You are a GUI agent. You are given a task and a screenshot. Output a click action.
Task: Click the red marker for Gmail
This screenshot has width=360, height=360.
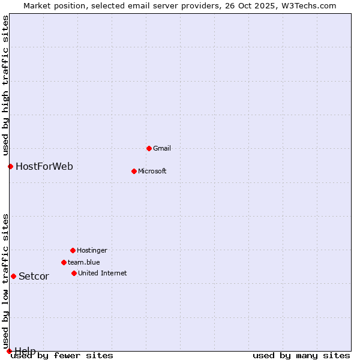point(149,148)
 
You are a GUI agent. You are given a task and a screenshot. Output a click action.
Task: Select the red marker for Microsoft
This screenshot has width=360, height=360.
point(134,171)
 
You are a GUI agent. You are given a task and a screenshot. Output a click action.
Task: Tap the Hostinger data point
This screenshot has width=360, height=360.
point(73,250)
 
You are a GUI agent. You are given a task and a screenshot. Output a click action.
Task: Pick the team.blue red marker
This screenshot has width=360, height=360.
point(64,262)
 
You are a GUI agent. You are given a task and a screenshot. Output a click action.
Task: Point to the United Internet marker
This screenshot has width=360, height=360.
point(74,273)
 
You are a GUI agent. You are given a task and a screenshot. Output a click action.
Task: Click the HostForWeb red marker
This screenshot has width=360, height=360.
point(10,166)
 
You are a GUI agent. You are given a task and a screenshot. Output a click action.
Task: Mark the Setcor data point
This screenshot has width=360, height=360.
point(13,276)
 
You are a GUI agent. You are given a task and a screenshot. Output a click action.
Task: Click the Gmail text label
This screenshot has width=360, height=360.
point(162,148)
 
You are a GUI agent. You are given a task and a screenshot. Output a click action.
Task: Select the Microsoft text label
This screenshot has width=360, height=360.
point(152,171)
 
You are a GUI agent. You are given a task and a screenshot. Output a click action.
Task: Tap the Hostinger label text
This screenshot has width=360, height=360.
point(92,250)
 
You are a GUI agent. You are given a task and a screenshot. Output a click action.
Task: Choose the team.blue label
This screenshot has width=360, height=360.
point(84,262)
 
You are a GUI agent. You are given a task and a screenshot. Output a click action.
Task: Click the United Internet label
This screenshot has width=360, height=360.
point(102,273)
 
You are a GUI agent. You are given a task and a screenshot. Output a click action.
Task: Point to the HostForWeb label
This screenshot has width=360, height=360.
point(44,166)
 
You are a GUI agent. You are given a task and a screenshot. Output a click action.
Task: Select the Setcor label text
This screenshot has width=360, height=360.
point(34,276)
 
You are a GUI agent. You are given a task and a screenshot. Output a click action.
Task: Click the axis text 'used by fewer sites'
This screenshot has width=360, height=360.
point(62,355)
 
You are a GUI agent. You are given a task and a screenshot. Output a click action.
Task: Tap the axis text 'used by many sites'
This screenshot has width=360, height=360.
point(301,355)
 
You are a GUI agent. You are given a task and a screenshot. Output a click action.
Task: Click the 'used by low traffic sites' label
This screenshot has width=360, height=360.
point(5,281)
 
